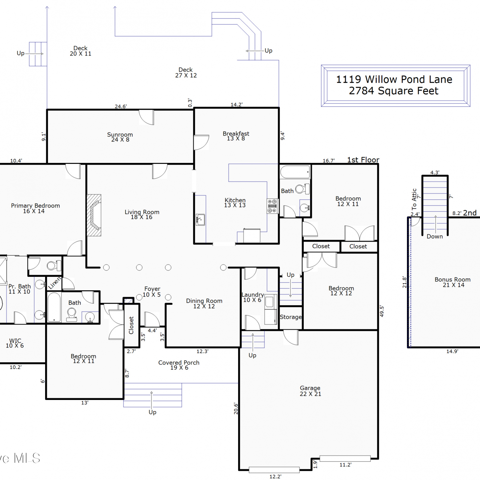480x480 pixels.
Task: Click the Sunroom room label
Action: point(120,137)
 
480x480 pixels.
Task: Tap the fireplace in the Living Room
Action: point(94,215)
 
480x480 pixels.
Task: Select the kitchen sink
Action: point(200,220)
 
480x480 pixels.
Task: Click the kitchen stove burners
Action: point(272,206)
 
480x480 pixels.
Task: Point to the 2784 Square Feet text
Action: point(394,91)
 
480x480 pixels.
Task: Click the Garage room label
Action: point(310,391)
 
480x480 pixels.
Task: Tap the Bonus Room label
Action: point(452,282)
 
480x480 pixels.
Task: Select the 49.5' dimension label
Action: point(381,311)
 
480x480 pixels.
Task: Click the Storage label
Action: point(291,317)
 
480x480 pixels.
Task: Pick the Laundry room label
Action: point(252,297)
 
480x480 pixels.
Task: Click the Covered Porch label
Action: point(179,365)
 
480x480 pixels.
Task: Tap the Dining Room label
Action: point(204,303)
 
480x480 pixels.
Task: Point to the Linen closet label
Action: point(54,283)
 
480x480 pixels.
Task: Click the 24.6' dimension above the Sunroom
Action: point(121,106)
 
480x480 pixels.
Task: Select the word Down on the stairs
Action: point(435,236)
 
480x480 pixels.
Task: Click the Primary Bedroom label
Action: point(35,208)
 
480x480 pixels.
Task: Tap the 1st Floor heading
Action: point(363,160)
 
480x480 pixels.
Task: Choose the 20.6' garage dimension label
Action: point(236,409)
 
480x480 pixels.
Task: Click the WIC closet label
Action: point(15,343)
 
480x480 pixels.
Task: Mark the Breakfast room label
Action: point(236,136)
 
